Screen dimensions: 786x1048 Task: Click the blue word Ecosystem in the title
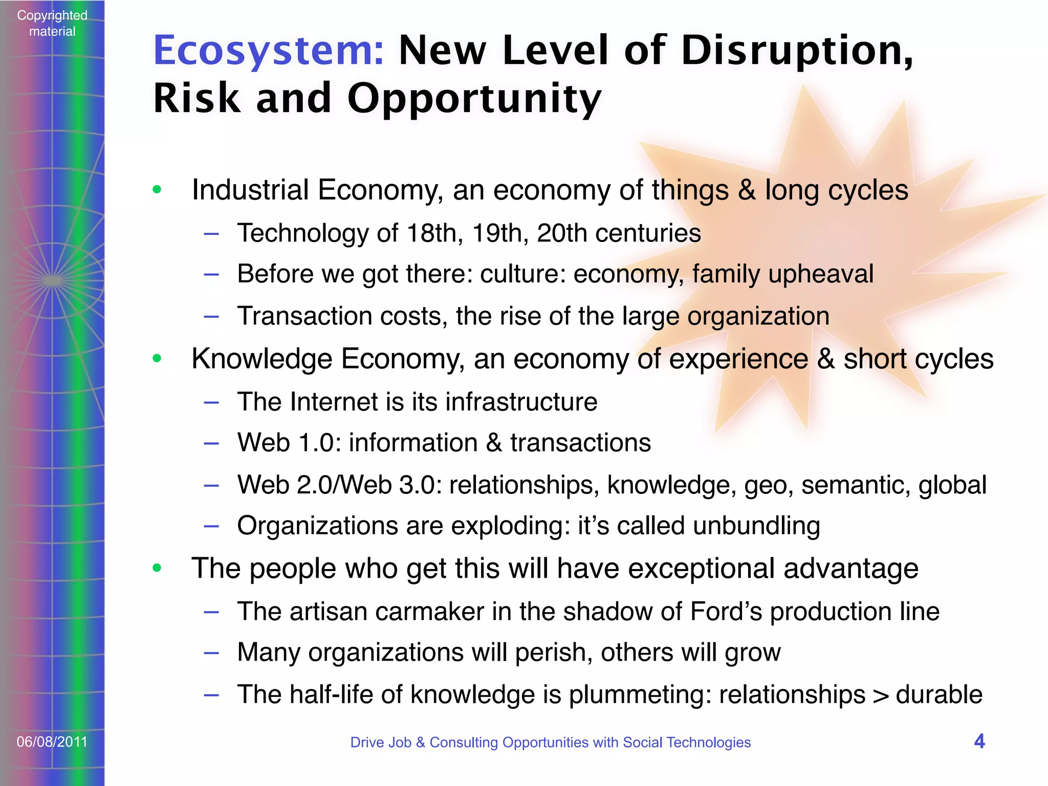click(x=268, y=51)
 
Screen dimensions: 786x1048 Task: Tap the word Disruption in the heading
click(x=796, y=51)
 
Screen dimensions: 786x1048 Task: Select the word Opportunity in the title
click(x=474, y=99)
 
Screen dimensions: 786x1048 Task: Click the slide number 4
click(x=979, y=741)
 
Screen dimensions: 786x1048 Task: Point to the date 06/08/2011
click(x=52, y=741)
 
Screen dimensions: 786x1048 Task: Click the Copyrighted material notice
click(x=52, y=23)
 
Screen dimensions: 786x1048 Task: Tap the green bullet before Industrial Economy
click(x=157, y=190)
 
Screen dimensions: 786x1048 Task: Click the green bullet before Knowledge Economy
click(x=157, y=358)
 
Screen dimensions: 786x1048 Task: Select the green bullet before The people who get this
click(x=157, y=567)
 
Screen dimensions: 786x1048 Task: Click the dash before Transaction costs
click(x=211, y=317)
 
